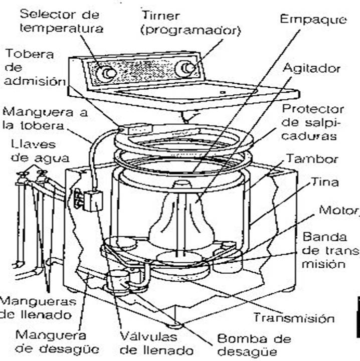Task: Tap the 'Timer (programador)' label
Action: pyautogui.click(x=191, y=22)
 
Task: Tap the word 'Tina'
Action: pyautogui.click(x=324, y=183)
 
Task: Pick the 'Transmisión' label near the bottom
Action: pyautogui.click(x=293, y=318)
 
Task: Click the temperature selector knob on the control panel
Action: pyautogui.click(x=107, y=74)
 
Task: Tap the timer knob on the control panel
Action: pyautogui.click(x=187, y=68)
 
